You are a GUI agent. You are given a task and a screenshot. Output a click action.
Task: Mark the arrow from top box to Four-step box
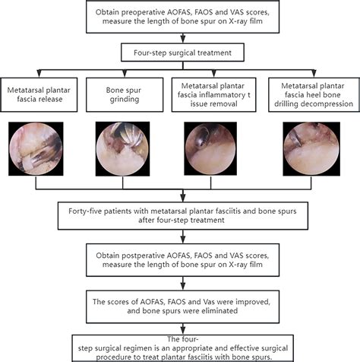pos(179,39)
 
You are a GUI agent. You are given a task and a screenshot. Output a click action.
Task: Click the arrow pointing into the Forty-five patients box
pos(179,196)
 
